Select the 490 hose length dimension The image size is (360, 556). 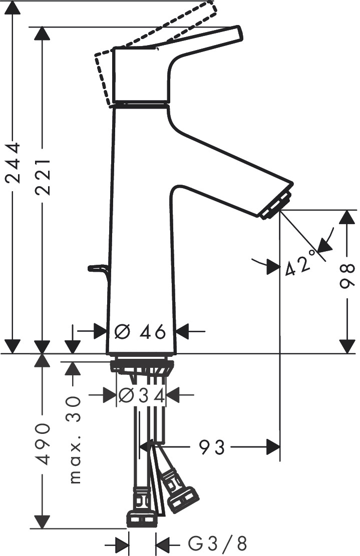click(x=42, y=444)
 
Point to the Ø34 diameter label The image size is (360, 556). click(x=141, y=396)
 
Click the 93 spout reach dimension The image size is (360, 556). click(x=212, y=447)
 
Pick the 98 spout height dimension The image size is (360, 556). click(x=345, y=276)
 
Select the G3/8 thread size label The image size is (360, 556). click(x=217, y=543)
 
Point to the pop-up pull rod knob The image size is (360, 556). click(x=95, y=269)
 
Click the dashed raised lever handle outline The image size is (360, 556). click(x=210, y=10)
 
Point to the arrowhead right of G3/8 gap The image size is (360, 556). click(x=162, y=543)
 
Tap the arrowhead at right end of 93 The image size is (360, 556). click(x=272, y=447)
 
